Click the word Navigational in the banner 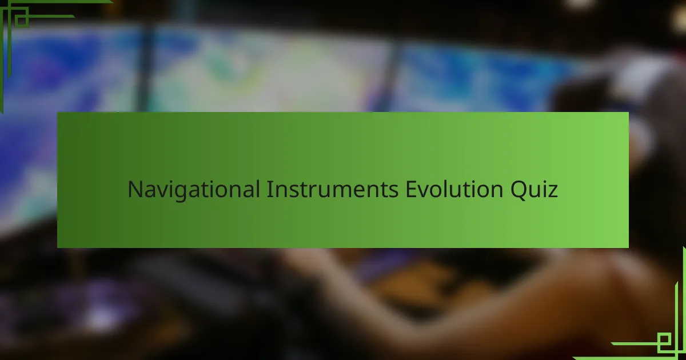[x=194, y=190]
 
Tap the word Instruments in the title [x=332, y=189]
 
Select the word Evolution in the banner [x=454, y=189]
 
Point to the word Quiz [x=534, y=190]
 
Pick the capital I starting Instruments [x=269, y=189]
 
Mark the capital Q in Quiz [x=518, y=191]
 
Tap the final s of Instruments [x=393, y=192]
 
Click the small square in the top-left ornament [x=22, y=21]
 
